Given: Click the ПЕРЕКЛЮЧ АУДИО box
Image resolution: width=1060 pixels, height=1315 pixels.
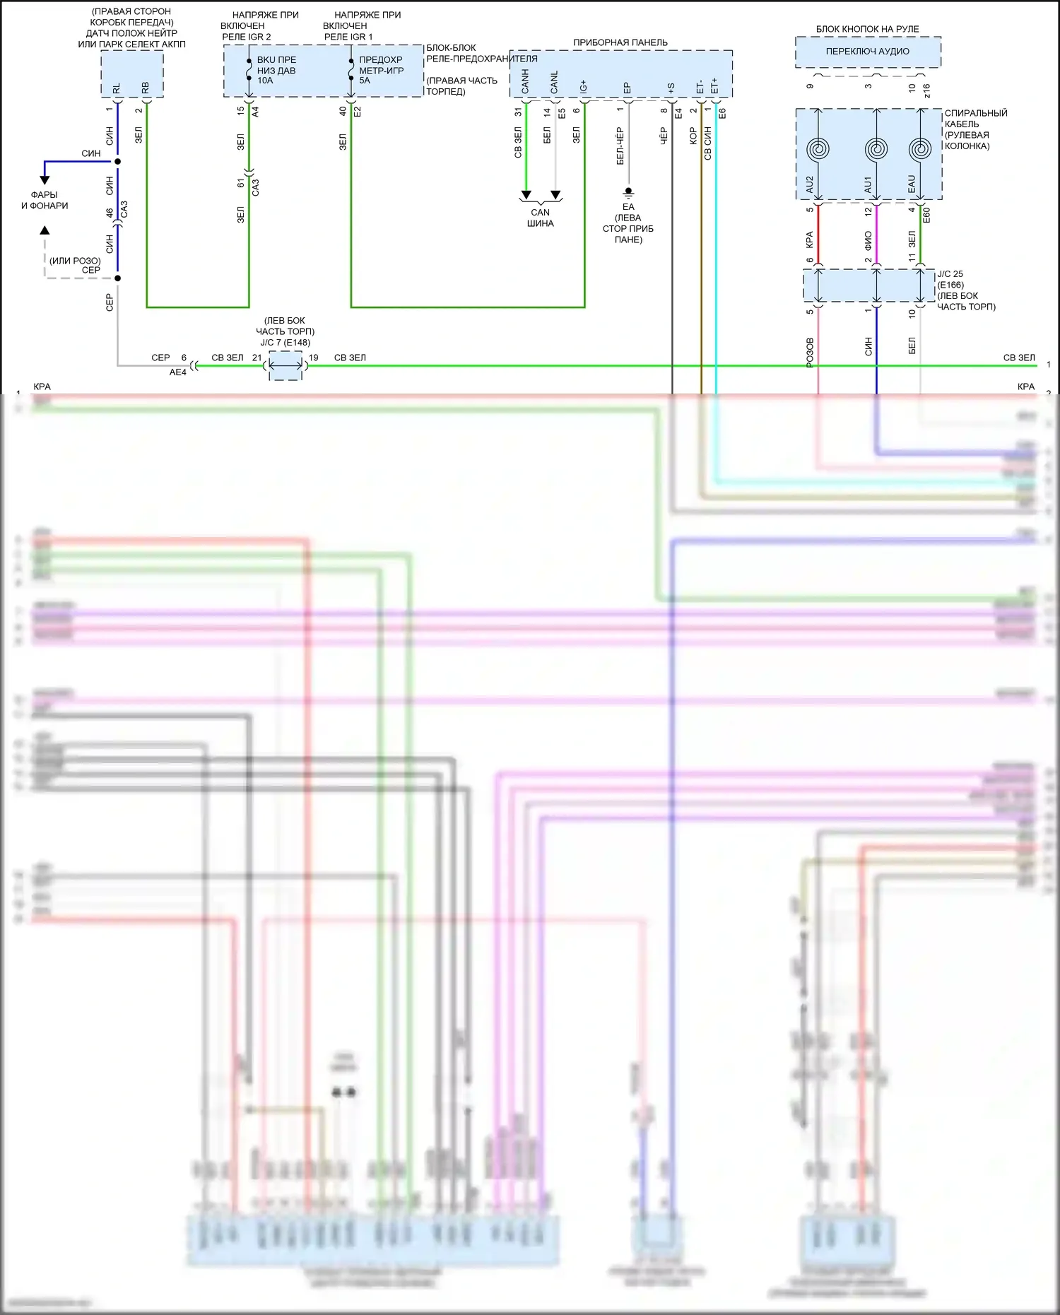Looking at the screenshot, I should tap(868, 52).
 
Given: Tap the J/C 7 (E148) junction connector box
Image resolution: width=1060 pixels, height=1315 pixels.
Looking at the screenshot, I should tap(285, 366).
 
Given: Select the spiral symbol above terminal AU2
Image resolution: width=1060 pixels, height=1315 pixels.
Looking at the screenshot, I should tap(818, 150).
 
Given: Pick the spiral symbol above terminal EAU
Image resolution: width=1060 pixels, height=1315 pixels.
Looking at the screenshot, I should tap(920, 150).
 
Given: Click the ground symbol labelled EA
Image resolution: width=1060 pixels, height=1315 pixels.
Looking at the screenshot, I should tap(628, 191).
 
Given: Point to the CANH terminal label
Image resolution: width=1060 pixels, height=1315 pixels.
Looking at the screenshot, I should tap(525, 81).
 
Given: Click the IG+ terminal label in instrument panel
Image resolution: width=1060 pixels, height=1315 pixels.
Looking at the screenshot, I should tap(584, 86).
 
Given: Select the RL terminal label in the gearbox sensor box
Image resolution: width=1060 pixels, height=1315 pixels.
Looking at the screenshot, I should tap(117, 88).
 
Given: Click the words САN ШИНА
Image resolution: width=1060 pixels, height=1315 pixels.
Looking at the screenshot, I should tap(541, 218).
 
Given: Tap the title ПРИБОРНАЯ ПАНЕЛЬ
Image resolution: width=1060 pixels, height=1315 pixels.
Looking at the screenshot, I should tap(620, 42).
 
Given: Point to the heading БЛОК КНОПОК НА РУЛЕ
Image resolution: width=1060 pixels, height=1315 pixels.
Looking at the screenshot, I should tap(868, 29).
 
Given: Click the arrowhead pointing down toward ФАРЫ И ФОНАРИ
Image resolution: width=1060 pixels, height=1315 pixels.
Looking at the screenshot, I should tap(45, 180).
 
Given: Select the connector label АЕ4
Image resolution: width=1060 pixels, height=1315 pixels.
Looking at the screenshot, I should tap(177, 372).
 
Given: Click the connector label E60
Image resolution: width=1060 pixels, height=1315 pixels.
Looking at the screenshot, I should tap(926, 215).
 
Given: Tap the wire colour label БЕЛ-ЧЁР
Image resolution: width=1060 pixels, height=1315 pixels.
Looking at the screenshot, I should tap(620, 146).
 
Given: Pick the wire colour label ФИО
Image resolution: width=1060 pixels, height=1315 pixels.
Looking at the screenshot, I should tap(868, 240).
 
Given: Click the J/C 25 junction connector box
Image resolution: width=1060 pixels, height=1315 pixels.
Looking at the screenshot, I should tap(868, 285).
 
